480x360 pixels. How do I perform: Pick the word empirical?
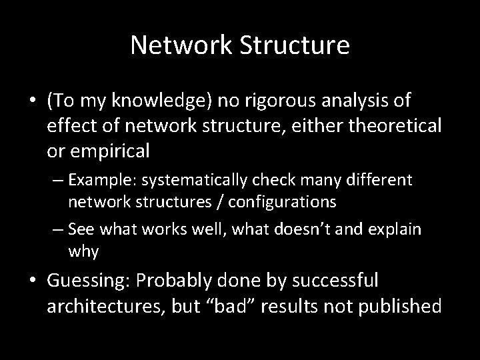[x=108, y=151]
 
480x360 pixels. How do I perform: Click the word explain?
[x=396, y=230]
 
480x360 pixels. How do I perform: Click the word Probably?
[x=165, y=281]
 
